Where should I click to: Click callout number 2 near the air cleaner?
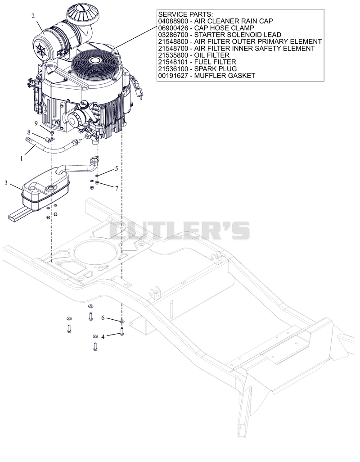pyautogui.click(x=33, y=16)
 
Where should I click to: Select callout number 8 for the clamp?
pyautogui.click(x=29, y=132)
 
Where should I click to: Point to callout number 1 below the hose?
pyautogui.click(x=21, y=159)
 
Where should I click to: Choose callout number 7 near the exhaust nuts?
pyautogui.click(x=117, y=188)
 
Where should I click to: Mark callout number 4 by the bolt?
pyautogui.click(x=103, y=336)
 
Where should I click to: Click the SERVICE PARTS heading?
pyautogui.click(x=185, y=14)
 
